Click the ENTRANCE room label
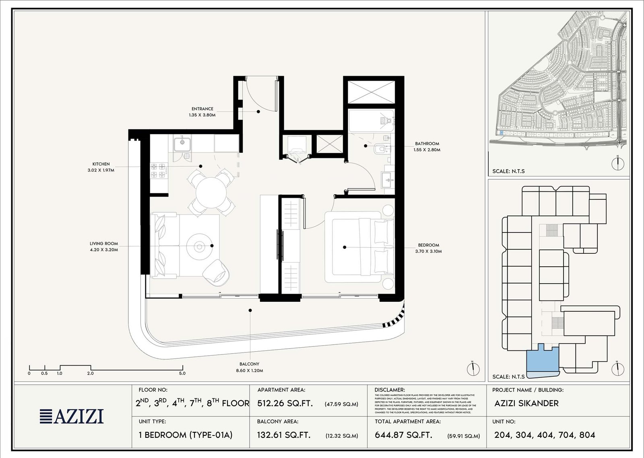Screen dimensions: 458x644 click(202, 109)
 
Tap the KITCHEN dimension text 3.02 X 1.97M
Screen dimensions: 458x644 click(101, 170)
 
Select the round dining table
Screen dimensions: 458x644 click(211, 192)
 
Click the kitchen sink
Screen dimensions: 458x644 click(182, 143)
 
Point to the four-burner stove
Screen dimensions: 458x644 click(159, 170)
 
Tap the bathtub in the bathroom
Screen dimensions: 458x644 click(371, 120)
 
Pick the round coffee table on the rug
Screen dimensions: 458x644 click(199, 246)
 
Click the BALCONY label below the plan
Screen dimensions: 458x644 click(249, 364)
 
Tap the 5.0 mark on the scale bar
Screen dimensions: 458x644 click(182, 373)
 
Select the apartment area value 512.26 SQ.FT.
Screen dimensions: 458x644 click(285, 404)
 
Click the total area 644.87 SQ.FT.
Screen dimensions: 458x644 click(403, 435)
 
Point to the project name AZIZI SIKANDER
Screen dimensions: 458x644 click(526, 404)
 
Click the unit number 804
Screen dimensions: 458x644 click(587, 435)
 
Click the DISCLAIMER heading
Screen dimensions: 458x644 click(389, 390)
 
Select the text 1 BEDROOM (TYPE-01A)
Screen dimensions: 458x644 click(186, 435)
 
